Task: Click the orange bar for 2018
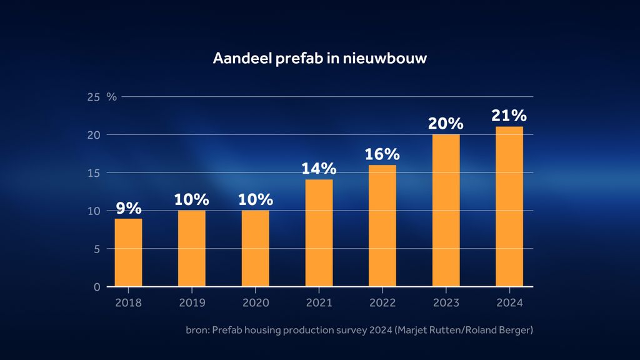tap(128, 252)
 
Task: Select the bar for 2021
tap(319, 232)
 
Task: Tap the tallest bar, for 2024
tap(509, 206)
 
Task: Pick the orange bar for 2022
tap(382, 226)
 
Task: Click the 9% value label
tap(129, 208)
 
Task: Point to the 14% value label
tap(319, 169)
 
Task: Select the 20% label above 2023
tap(446, 124)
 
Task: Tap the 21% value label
tap(509, 116)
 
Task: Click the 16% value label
tap(382, 154)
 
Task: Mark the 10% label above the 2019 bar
tap(192, 200)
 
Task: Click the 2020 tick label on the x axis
tap(256, 302)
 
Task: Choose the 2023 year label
tap(446, 302)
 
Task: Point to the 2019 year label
tap(192, 302)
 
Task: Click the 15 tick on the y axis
tap(94, 173)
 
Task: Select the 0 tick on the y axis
tap(97, 287)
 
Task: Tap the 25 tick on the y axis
tap(94, 97)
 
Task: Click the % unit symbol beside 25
tap(112, 97)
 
